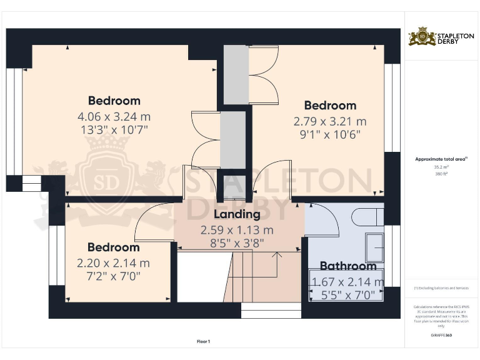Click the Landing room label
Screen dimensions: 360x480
237,214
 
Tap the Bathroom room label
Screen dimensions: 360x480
348,266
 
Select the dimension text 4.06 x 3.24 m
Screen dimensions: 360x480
114,116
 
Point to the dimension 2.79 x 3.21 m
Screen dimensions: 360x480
330,121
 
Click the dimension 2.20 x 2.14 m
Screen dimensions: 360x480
113,263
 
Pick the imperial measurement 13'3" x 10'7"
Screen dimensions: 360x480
114,130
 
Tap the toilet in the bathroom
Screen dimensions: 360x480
367,217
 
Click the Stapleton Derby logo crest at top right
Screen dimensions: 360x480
422,37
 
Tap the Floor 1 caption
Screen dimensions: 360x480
203,342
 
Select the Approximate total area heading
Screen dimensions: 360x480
441,159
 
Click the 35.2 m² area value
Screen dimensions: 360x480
441,167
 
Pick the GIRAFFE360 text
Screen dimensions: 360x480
441,336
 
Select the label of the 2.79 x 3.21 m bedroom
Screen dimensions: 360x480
330,106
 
